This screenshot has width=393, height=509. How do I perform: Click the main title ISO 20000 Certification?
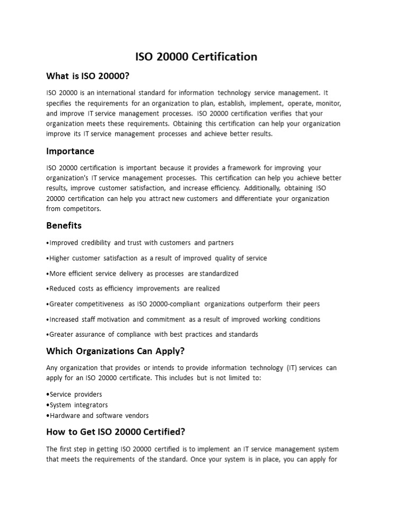pos(196,56)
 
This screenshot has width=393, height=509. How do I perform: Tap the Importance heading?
pos(70,151)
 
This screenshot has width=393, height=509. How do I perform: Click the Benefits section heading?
pos(64,225)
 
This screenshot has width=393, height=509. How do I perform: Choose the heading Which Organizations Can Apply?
pos(115,350)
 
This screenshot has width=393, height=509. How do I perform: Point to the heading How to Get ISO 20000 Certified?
pos(116,431)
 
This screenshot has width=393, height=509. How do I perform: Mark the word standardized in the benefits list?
pos(219,274)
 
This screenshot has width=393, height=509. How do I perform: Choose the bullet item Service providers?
pos(75,394)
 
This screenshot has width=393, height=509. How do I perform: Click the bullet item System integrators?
pos(77,405)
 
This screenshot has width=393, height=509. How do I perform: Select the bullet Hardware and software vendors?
pos(98,416)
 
